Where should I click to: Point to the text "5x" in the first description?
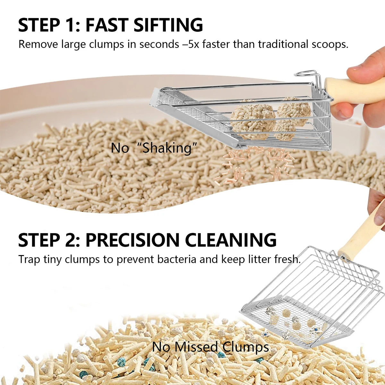[194, 44]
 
